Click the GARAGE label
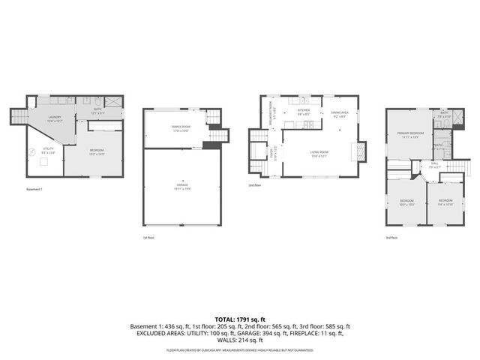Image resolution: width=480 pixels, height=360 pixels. point(182,187)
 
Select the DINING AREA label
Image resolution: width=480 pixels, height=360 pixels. point(338,112)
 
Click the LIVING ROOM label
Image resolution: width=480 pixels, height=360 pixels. point(321,153)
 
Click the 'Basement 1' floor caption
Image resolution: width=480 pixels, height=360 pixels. point(34,189)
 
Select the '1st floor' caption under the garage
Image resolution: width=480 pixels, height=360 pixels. point(149,237)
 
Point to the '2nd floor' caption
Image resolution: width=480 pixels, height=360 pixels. point(255,185)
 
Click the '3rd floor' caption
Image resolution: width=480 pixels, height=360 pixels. point(391,237)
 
